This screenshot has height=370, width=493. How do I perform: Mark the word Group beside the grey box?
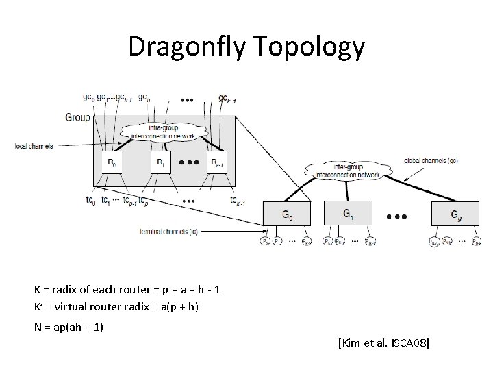[77, 117]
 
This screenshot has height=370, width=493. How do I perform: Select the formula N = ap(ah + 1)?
[68, 327]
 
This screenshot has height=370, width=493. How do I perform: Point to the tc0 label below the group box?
[90, 201]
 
